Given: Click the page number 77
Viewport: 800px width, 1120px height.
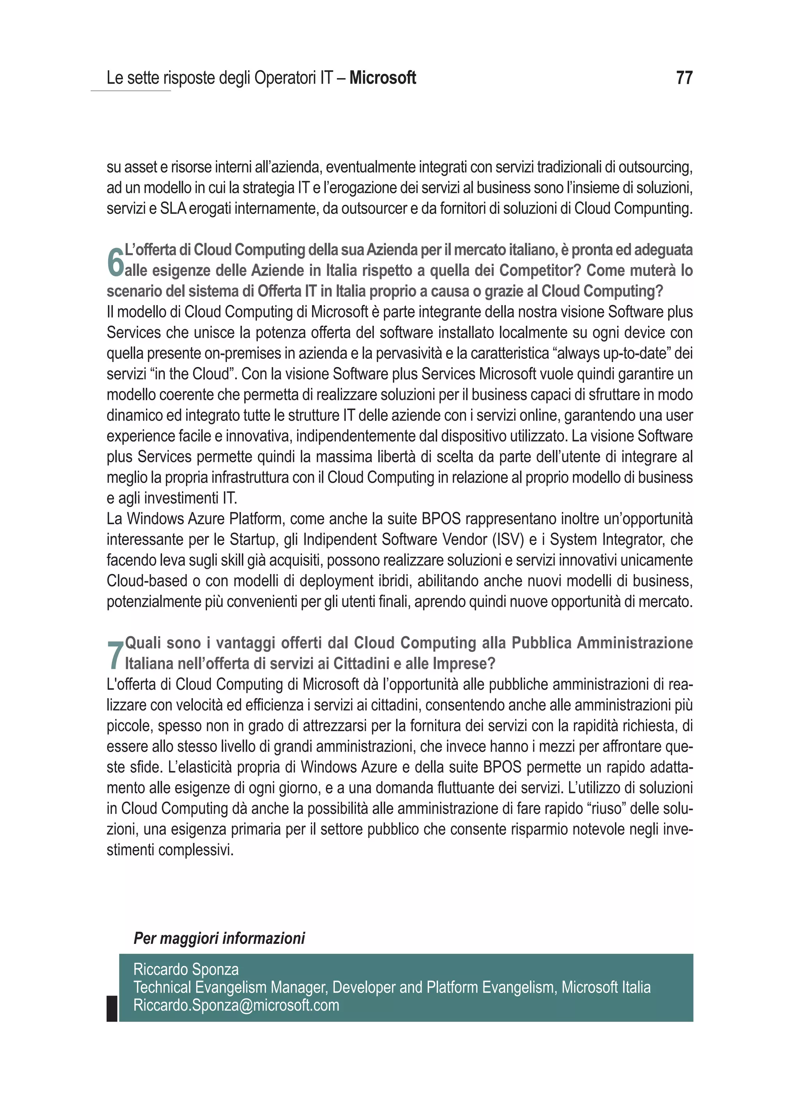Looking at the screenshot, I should pos(684,78).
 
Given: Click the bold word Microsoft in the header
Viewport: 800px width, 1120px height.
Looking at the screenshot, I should pos(382,78).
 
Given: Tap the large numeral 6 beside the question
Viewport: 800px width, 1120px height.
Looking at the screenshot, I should pos(115,263).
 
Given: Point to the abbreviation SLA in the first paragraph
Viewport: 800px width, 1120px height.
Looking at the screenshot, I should pos(173,209).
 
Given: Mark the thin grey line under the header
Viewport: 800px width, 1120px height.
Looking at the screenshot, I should pos(130,91).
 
